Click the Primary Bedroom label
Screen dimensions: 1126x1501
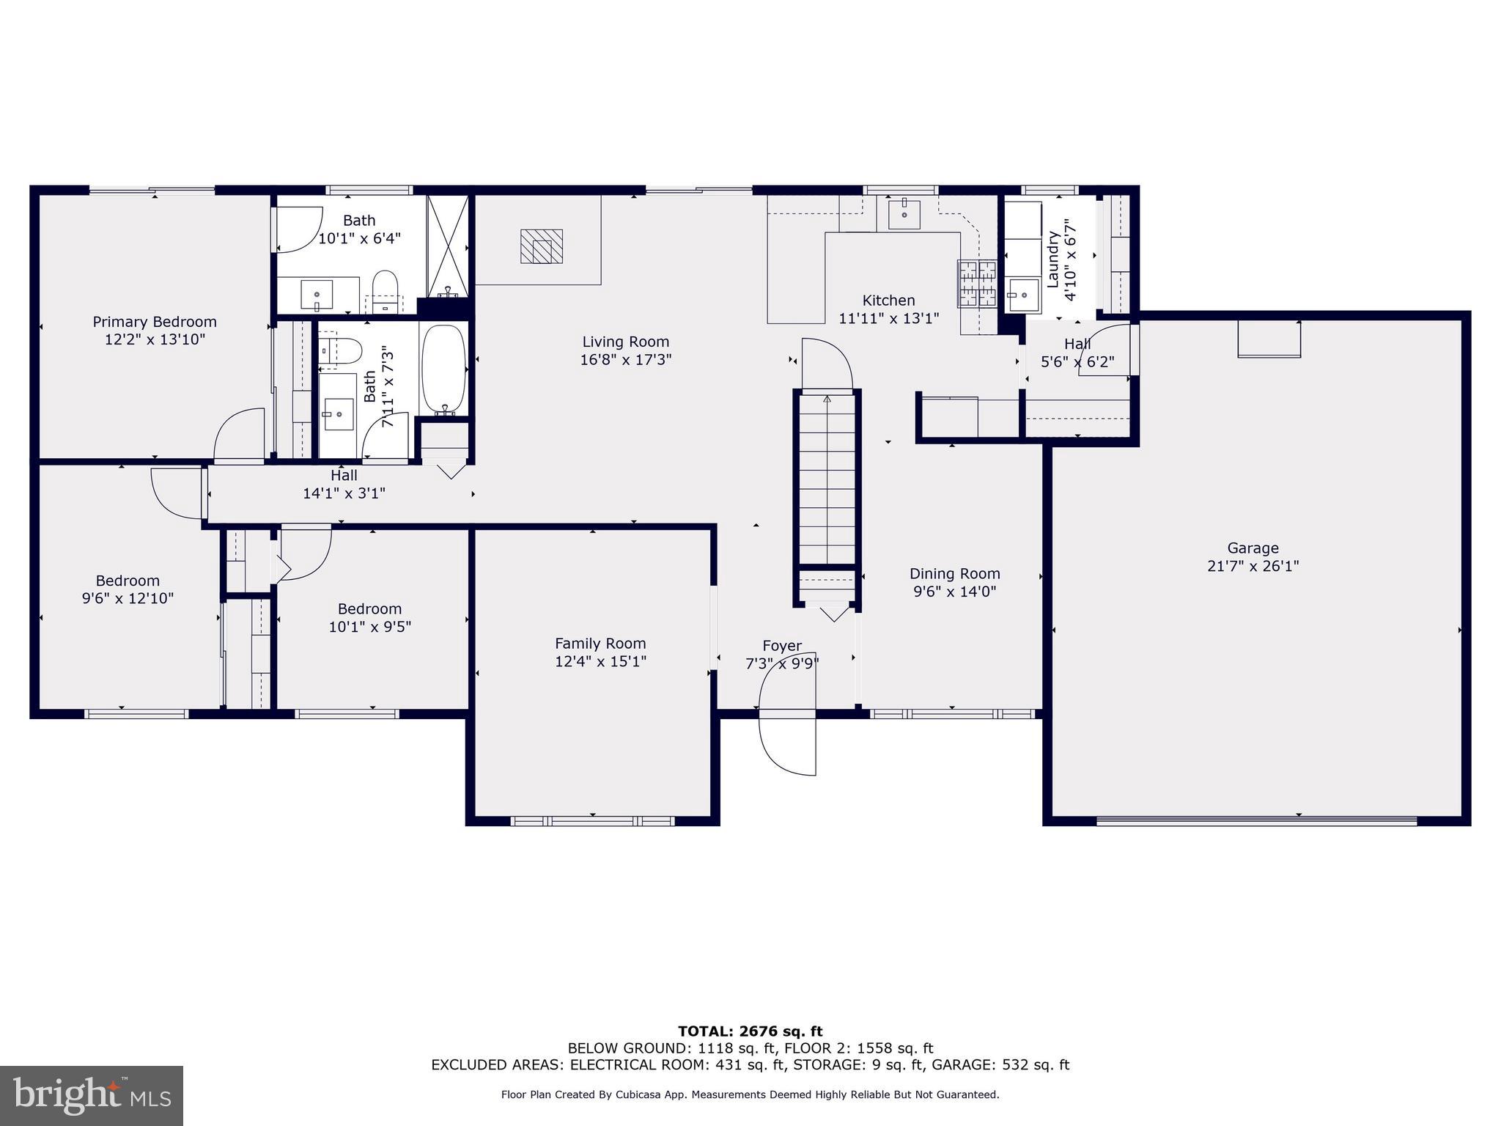coord(155,322)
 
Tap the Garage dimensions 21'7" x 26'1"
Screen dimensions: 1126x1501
coord(1253,566)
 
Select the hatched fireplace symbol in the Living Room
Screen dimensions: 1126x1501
coord(541,246)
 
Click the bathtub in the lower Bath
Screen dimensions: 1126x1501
coord(443,369)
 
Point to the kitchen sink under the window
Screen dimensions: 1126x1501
coord(904,214)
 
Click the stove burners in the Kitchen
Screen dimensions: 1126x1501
coord(977,284)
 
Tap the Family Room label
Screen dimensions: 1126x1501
coord(600,644)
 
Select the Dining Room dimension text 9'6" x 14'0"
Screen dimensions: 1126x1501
coord(954,592)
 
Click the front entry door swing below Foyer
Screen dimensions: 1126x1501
coord(788,742)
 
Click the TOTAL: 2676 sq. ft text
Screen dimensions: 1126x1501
coord(750,1032)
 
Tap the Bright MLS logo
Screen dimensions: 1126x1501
coord(92,1095)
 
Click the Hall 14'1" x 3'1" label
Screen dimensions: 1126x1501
coord(344,485)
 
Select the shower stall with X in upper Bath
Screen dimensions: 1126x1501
coord(448,246)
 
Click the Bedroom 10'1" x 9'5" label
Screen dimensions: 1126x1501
coord(369,617)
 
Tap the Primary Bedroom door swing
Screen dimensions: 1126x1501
coord(240,435)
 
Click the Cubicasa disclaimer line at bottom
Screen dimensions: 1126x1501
coord(750,1094)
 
